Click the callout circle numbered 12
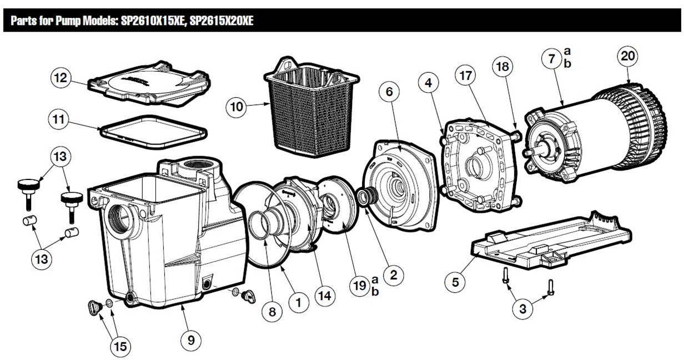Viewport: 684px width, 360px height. (61, 78)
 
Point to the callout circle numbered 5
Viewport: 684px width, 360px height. (455, 282)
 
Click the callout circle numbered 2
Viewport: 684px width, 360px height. (393, 274)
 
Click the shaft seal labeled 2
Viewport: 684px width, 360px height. (366, 197)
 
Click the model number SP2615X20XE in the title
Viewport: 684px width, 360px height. (222, 22)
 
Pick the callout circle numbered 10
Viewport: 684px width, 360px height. (237, 106)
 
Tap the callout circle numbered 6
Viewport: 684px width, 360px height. (389, 92)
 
